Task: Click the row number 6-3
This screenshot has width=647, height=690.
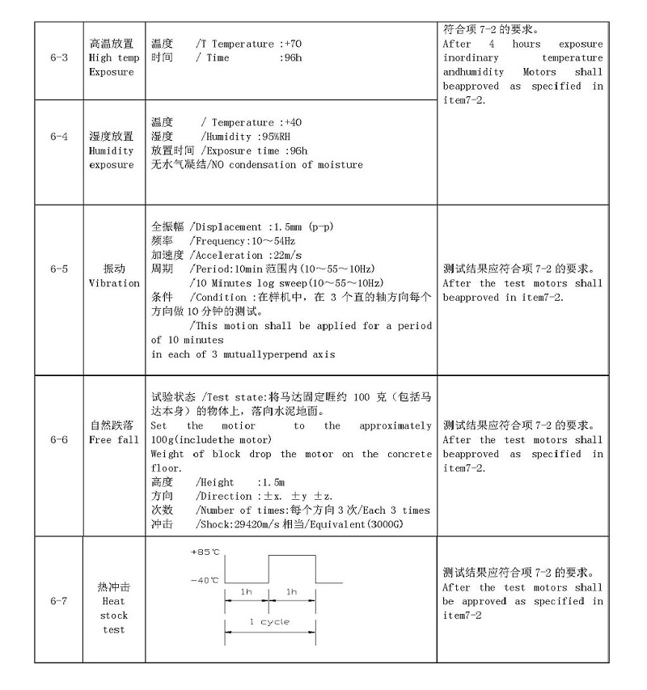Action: click(58, 58)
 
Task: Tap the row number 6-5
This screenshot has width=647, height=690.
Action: click(58, 269)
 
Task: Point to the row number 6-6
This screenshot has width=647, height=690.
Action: click(58, 439)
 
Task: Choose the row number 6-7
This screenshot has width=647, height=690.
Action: click(58, 601)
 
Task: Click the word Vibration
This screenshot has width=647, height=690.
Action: click(114, 283)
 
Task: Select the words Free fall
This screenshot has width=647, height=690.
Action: click(114, 440)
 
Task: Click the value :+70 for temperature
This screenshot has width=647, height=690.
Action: click(291, 44)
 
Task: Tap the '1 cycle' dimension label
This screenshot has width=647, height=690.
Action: click(269, 622)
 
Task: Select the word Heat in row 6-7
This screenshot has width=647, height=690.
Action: click(114, 601)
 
